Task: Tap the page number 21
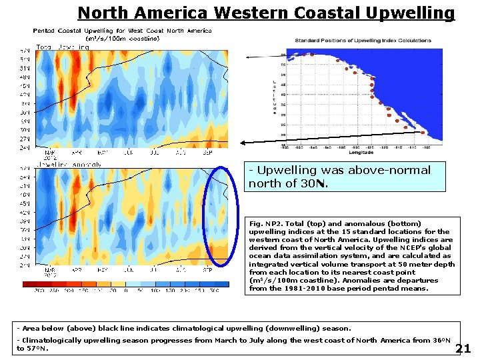465,349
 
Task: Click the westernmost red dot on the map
301,55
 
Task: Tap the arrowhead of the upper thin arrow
248,58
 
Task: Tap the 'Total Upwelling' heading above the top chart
63,47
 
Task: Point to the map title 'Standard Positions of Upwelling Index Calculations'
363,41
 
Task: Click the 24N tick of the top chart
42,147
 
